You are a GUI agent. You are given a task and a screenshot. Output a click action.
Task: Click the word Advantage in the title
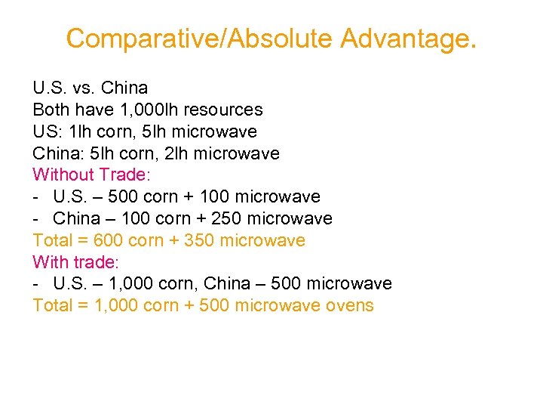click(408, 38)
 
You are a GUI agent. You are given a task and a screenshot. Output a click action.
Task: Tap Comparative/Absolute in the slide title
click(200, 38)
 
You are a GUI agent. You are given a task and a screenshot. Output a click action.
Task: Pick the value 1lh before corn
click(80, 132)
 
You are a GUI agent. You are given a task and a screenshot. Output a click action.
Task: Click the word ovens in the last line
click(348, 306)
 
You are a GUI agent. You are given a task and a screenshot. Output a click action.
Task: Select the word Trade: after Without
click(125, 175)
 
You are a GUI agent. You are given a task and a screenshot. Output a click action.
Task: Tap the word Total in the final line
click(53, 306)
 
